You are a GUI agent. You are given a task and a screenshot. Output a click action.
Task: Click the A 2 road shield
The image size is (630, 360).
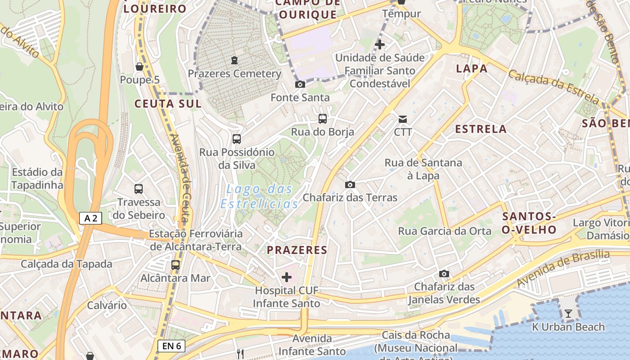(x=90, y=218)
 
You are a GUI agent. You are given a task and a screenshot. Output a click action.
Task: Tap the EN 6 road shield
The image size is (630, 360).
(x=171, y=346)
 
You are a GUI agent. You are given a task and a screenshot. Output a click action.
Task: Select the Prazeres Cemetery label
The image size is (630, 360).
(x=234, y=73)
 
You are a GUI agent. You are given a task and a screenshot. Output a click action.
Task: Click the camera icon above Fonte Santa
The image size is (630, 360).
(x=300, y=84)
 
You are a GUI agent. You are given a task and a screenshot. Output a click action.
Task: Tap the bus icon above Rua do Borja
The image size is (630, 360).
(x=323, y=119)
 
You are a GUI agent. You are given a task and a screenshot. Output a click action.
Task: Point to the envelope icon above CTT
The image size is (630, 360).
(x=403, y=119)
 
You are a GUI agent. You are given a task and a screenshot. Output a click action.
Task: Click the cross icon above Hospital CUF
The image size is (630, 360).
(x=287, y=277)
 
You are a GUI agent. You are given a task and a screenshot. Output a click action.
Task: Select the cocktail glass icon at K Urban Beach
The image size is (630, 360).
(x=568, y=314)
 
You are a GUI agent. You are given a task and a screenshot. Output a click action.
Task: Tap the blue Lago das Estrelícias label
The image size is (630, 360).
(x=260, y=196)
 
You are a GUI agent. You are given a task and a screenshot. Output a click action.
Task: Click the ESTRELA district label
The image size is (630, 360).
(x=481, y=129)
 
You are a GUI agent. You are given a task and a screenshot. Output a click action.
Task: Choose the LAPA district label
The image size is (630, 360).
(x=472, y=68)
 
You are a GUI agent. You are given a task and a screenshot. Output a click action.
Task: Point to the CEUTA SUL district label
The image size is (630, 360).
(x=168, y=103)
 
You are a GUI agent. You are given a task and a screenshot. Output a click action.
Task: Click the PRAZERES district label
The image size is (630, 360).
(x=297, y=250)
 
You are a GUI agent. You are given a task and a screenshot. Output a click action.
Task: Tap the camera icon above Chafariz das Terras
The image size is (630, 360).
(x=350, y=184)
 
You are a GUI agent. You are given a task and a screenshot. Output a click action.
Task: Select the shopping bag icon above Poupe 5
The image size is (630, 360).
(x=139, y=67)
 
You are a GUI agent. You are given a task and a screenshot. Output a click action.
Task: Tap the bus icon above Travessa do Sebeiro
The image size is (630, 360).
(x=139, y=189)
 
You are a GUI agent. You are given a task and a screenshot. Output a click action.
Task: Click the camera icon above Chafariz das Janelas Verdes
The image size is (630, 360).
(x=444, y=274)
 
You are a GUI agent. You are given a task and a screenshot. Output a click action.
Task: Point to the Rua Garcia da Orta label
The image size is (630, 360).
(x=445, y=231)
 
